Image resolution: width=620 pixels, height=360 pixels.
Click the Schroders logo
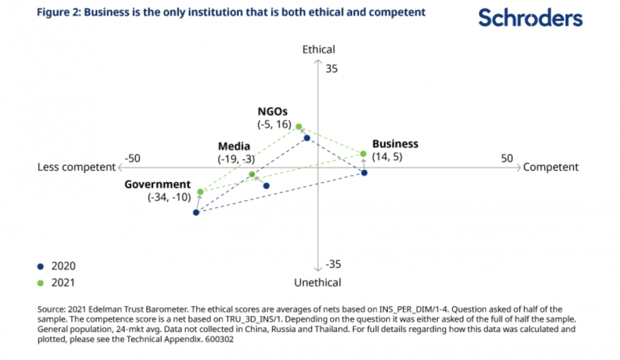530,18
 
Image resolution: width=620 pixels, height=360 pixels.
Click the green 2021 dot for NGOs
298,127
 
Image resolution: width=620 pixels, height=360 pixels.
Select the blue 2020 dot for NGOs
307,138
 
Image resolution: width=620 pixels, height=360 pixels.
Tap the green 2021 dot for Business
363,154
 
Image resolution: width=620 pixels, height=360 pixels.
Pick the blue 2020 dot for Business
364,173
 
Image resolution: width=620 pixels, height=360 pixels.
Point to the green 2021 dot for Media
252,175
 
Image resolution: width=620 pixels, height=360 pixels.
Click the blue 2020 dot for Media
267,186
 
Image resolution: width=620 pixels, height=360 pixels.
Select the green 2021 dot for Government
200,192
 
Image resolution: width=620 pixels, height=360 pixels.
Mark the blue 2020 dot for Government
196,212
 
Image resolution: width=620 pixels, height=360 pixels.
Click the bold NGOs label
273,111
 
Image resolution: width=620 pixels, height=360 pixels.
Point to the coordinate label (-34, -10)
169,198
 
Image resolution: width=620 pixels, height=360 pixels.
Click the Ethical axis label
319,50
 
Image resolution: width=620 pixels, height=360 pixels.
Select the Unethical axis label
318,282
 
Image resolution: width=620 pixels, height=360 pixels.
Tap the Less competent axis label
76,167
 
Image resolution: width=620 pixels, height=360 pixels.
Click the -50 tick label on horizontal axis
132,158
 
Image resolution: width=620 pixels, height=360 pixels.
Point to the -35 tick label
333,264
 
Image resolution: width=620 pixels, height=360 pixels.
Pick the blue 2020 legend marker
40,266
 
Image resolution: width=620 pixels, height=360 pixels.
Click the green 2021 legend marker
40,282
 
